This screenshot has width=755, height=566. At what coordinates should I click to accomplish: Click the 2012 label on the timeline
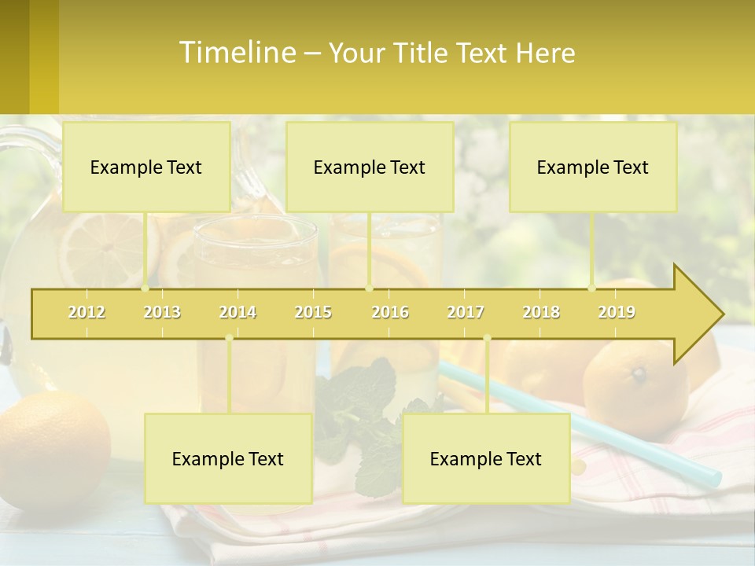[87, 313]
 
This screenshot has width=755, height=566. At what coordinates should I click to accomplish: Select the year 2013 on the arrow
[162, 313]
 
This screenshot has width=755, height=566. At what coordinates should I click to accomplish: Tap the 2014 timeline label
[238, 313]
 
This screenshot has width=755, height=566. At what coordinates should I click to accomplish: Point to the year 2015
[313, 313]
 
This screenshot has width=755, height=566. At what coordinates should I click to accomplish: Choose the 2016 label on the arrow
[390, 313]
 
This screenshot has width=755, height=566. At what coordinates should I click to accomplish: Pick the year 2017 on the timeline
[466, 313]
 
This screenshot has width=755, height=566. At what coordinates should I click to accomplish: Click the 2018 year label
[541, 313]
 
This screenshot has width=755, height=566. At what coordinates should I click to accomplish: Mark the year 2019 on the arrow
[617, 313]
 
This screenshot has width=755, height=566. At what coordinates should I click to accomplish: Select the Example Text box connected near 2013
[146, 167]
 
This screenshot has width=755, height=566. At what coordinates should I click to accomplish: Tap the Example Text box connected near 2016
[370, 167]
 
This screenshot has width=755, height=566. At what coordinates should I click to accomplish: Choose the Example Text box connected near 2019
[593, 167]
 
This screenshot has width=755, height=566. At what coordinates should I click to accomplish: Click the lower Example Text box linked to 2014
[228, 459]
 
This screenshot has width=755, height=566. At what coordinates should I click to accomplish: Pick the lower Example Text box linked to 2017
[486, 459]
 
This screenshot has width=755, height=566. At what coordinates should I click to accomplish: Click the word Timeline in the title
[236, 53]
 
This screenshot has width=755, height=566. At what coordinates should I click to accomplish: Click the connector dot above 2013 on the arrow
[145, 288]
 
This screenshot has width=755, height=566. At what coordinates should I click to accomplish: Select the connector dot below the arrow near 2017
[487, 338]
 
